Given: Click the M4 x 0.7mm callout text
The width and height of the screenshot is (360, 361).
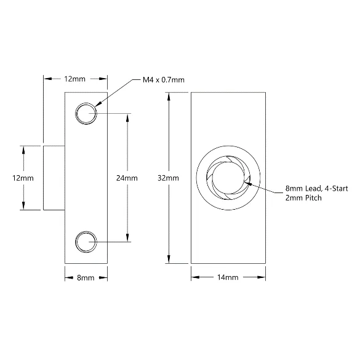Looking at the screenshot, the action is pyautogui.click(x=164, y=80).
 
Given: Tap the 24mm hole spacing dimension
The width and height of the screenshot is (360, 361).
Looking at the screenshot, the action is pyautogui.click(x=127, y=178).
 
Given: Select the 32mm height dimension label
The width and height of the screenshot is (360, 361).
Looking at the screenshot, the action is pyautogui.click(x=168, y=178).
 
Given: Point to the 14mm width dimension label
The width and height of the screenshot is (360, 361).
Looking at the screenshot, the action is pyautogui.click(x=228, y=277).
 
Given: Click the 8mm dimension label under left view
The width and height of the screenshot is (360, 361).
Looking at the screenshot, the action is pyautogui.click(x=86, y=277).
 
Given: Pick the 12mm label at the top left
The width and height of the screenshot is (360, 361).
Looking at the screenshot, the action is pyautogui.click(x=74, y=79).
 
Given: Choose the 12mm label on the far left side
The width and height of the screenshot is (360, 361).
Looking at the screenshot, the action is pyautogui.click(x=23, y=178).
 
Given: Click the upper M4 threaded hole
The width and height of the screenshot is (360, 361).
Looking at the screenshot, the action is pyautogui.click(x=86, y=114).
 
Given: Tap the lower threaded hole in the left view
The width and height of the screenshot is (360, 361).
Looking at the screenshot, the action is pyautogui.click(x=86, y=242).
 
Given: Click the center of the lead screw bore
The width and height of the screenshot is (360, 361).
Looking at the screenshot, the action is pyautogui.click(x=228, y=178).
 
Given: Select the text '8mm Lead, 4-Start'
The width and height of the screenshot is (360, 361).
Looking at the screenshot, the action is pyautogui.click(x=317, y=189).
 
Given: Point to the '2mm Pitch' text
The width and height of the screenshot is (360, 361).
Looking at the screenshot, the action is pyautogui.click(x=303, y=198).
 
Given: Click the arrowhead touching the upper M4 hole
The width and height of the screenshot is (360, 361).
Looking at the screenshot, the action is pyautogui.click(x=98, y=104).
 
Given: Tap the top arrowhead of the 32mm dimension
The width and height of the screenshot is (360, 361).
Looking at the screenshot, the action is pyautogui.click(x=169, y=97).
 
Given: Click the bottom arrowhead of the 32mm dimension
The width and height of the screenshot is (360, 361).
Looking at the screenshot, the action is pyautogui.click(x=169, y=260).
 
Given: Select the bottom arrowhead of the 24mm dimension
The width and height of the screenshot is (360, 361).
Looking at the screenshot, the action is pyautogui.click(x=127, y=238).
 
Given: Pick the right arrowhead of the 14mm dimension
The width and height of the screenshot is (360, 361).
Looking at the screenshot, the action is pyautogui.click(x=262, y=277).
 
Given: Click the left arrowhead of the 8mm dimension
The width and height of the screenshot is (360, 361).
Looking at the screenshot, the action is pyautogui.click(x=69, y=278).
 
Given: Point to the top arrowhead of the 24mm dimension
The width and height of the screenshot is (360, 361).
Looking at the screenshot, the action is pyautogui.click(x=127, y=117).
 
